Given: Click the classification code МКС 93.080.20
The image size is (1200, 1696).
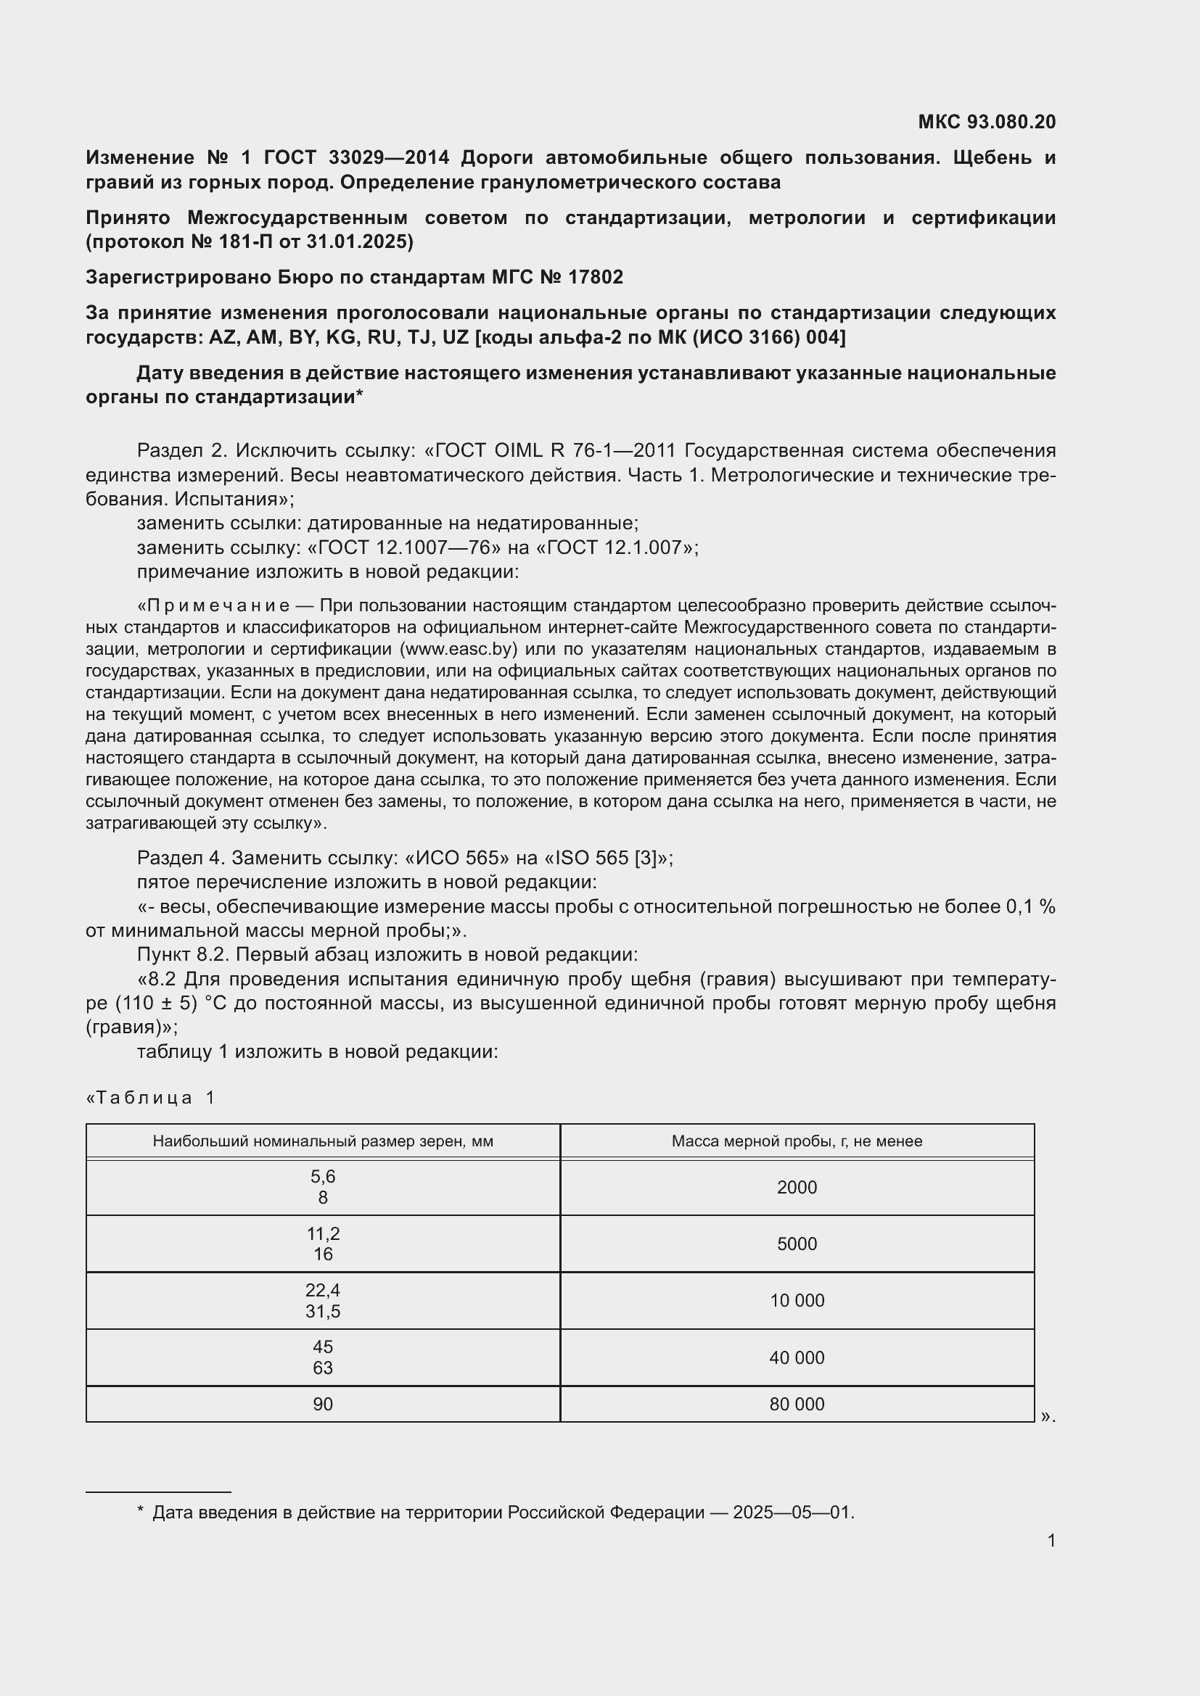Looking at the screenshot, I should pyautogui.click(x=987, y=122).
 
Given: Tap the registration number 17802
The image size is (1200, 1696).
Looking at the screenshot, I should pyautogui.click(x=596, y=277).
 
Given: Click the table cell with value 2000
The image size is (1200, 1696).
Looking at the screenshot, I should pyautogui.click(x=797, y=1187).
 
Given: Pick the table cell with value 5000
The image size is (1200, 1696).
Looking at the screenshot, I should pyautogui.click(x=797, y=1244).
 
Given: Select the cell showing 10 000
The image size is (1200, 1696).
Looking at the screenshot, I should pyautogui.click(x=797, y=1300).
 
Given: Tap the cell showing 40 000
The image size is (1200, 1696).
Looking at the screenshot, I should pyautogui.click(x=797, y=1357).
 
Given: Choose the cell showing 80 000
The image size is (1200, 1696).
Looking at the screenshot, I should pyautogui.click(x=797, y=1405).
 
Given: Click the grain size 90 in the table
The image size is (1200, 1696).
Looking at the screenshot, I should pyautogui.click(x=323, y=1405).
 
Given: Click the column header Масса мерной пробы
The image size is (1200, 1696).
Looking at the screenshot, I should pyautogui.click(x=797, y=1141).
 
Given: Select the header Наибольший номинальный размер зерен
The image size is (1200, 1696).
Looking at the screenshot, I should pyautogui.click(x=323, y=1141).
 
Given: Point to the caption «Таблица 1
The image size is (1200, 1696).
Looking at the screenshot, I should pyautogui.click(x=151, y=1098).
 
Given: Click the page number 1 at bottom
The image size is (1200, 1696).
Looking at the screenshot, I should pyautogui.click(x=1051, y=1540).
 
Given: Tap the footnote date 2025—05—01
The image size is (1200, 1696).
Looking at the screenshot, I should pyautogui.click(x=792, y=1512).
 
